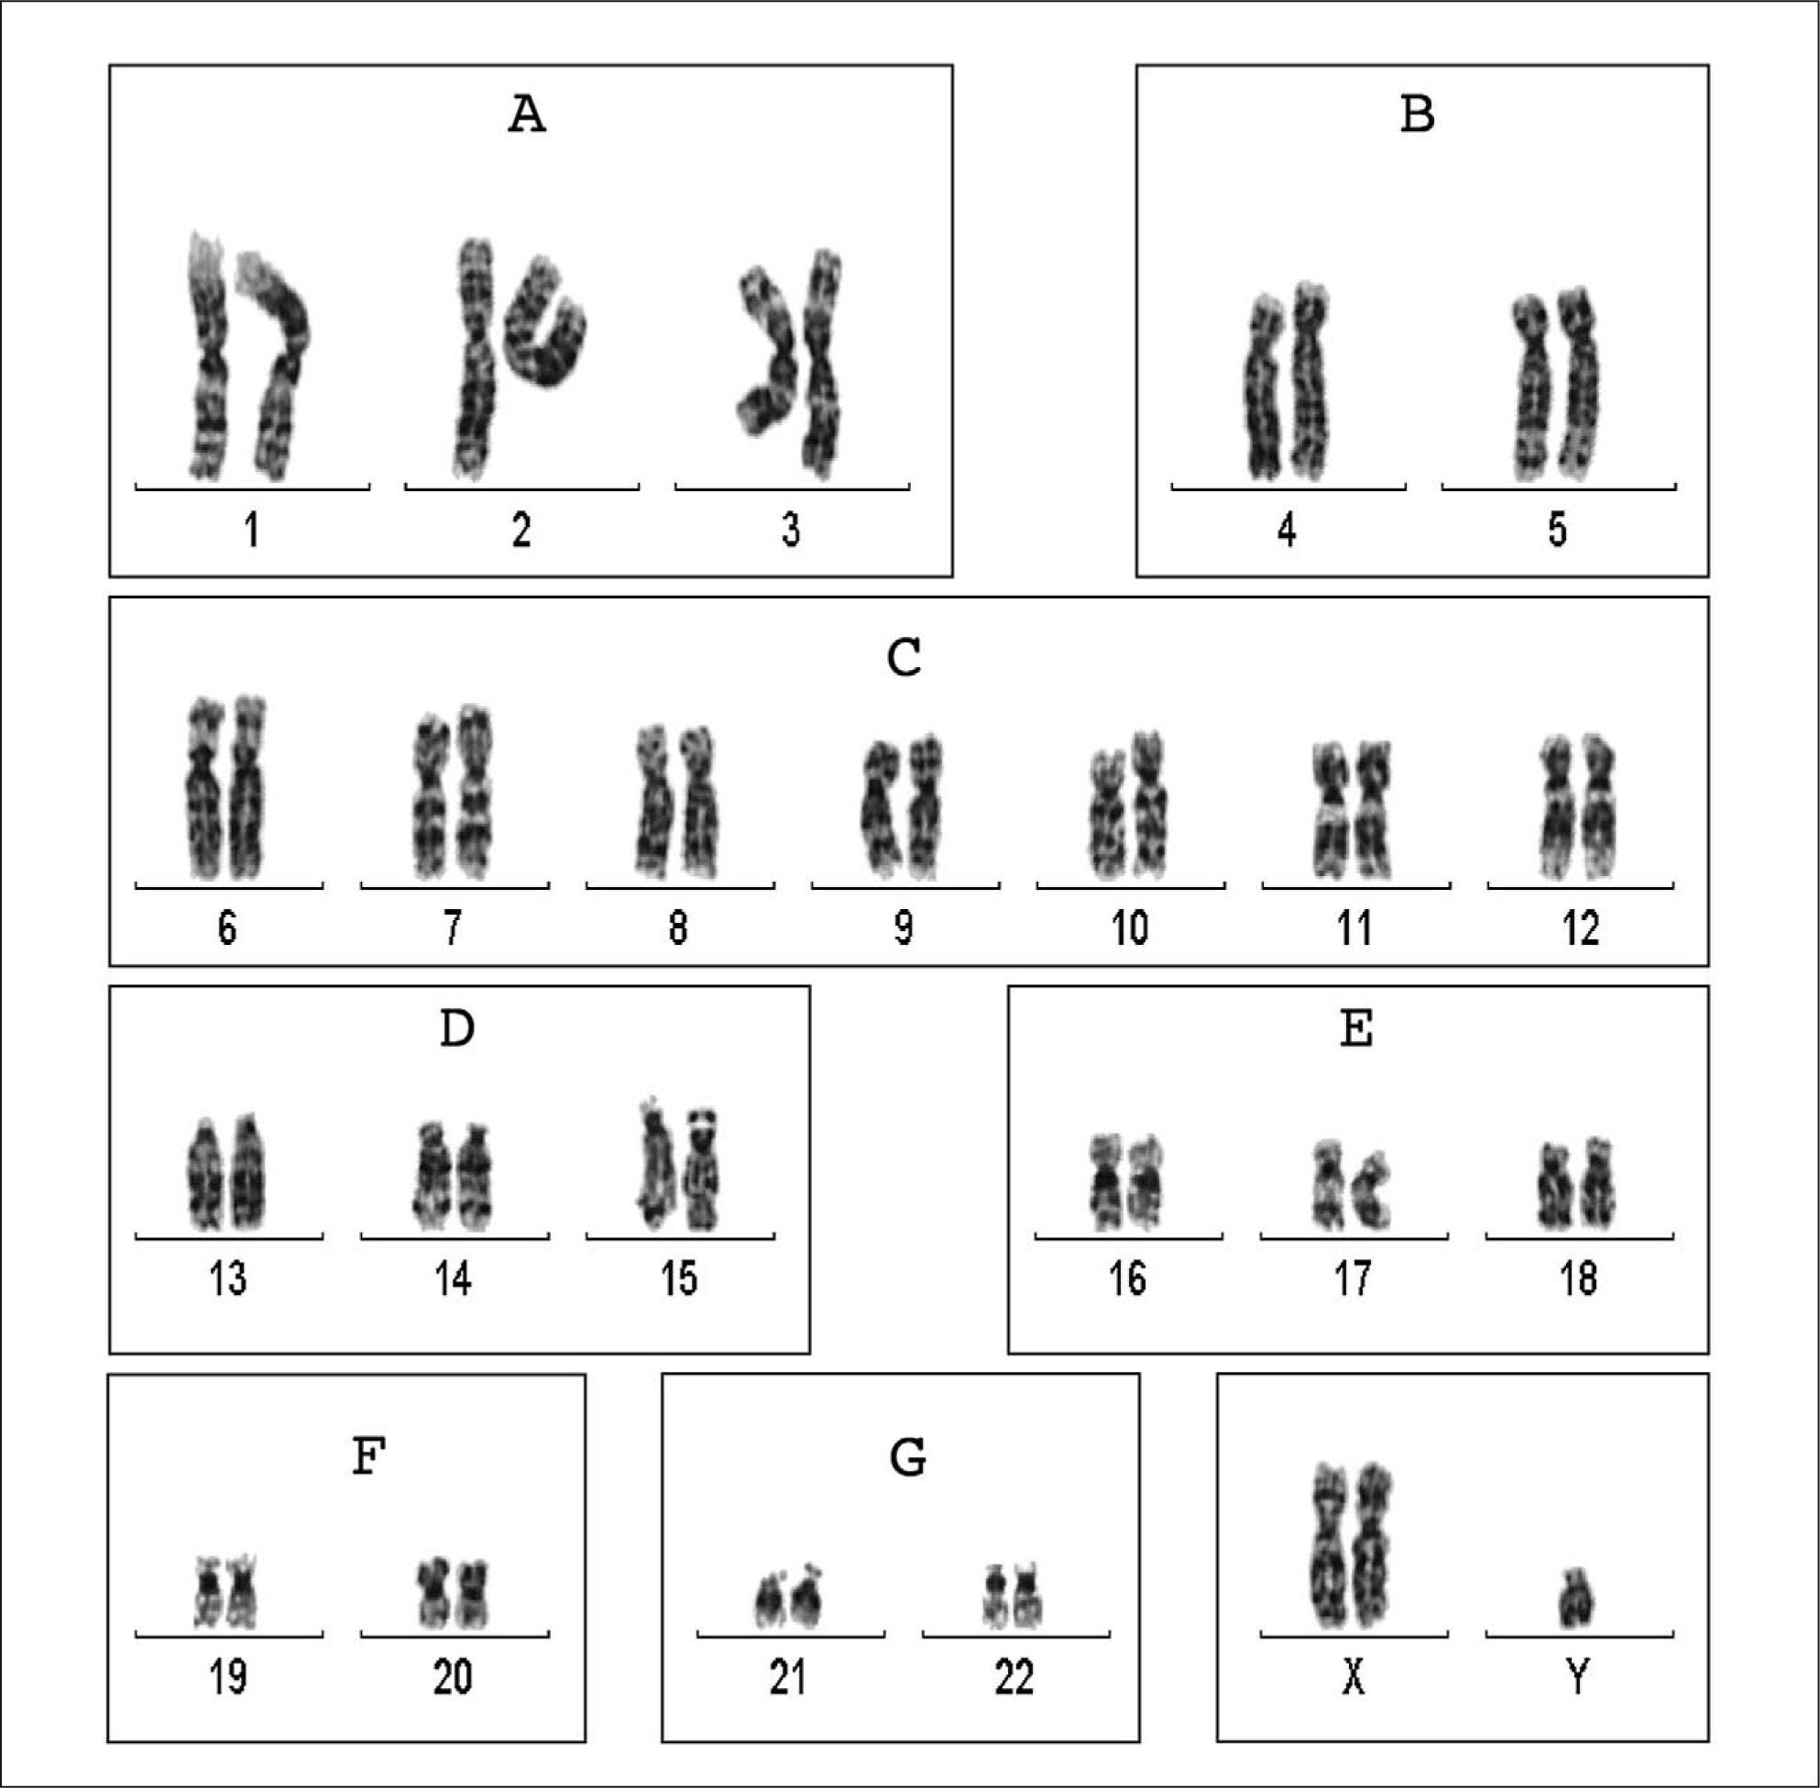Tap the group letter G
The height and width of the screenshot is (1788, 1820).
[907, 1457]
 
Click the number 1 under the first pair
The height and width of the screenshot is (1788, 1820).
[252, 531]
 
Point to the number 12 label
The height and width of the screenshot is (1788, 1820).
[1581, 928]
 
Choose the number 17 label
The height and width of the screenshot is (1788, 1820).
[1354, 1278]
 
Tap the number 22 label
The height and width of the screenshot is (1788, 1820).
[1014, 1677]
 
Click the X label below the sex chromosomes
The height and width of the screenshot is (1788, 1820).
[1354, 1677]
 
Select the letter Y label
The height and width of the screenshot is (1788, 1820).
[1579, 1677]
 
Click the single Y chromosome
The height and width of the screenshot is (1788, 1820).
[1578, 1601]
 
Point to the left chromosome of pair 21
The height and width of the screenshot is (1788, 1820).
[770, 1602]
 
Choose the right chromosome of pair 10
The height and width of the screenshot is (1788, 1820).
[1149, 803]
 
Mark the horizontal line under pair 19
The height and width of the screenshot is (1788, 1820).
[229, 1635]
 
